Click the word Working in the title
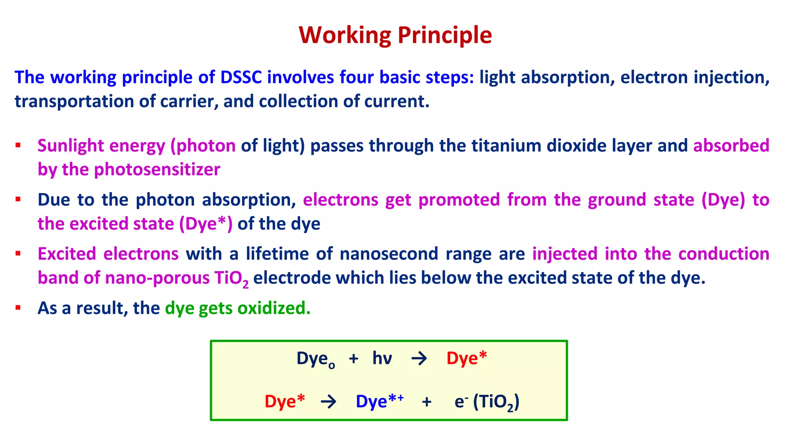345,35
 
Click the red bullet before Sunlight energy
18,146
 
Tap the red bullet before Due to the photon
18,200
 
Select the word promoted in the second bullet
459,200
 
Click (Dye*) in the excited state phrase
205,224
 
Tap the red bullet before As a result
18,308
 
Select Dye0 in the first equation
315,359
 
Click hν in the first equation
382,358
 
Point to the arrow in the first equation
419,359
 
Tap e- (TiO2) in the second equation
486,402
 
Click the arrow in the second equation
328,402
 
